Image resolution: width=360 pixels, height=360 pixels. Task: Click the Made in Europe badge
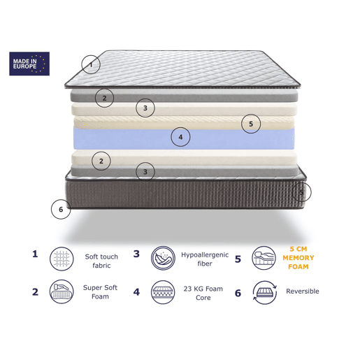pos(29,64)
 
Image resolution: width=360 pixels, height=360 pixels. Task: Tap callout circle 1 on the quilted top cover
pos(91,64)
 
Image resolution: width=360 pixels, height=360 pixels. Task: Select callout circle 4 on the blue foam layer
pos(180,137)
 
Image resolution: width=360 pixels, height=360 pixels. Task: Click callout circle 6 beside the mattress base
pos(61,209)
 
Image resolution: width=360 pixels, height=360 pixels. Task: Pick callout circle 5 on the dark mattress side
pos(301,192)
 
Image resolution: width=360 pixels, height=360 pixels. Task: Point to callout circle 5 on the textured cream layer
pos(251,124)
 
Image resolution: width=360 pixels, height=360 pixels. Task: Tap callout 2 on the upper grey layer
pos(104,98)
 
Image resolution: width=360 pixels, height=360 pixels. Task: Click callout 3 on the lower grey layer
pos(145,172)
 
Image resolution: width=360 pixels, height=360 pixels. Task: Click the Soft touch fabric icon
pos(62,259)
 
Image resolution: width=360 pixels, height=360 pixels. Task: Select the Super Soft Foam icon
pos(62,291)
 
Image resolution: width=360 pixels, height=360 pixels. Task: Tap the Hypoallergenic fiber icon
pos(163,258)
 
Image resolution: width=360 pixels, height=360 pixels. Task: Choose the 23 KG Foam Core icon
pos(163,292)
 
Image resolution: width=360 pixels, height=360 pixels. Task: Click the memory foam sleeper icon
pos(264,258)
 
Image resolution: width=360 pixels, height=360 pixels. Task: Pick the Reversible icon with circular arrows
pos(265,293)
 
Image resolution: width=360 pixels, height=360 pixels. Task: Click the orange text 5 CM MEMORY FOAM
pos(298,258)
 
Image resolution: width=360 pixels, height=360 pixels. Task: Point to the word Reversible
pos(303,291)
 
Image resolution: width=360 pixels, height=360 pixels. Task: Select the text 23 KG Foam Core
pos(203,293)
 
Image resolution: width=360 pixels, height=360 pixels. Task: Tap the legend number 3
pos(136,254)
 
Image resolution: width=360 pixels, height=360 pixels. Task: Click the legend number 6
pos(238,293)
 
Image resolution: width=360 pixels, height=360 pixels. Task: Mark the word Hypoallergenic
pos(205,255)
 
